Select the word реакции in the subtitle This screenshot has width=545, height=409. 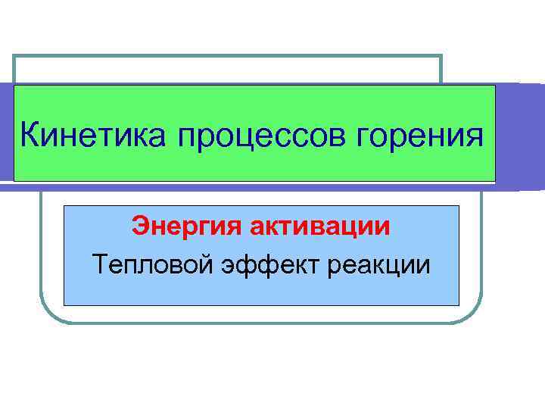[382, 265]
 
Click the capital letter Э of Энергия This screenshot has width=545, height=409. [140, 226]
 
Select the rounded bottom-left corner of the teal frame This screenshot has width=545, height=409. [49, 315]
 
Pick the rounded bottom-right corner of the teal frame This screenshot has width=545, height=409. [473, 315]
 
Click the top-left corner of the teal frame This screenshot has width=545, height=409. [14, 56]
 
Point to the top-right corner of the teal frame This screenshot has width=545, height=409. [441, 56]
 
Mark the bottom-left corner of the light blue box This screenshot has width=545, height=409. [64, 305]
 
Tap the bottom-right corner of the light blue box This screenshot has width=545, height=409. [459, 305]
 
